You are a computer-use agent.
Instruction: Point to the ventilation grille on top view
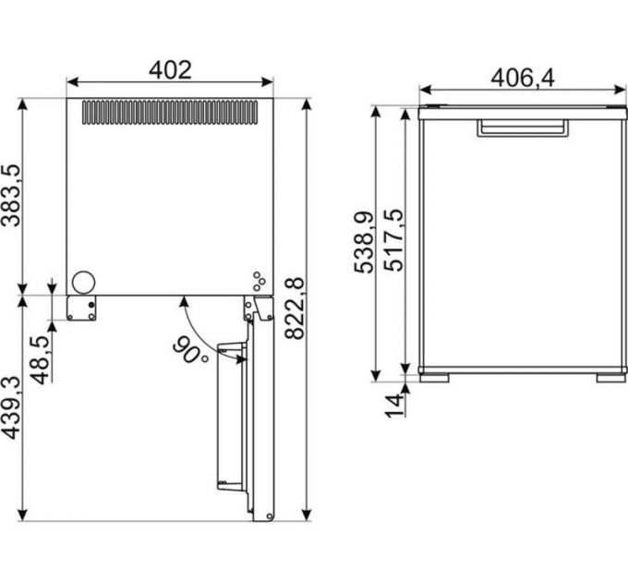click(x=170, y=113)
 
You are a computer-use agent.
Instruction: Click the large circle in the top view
click(x=84, y=283)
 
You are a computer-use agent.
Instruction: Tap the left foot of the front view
click(x=435, y=377)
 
